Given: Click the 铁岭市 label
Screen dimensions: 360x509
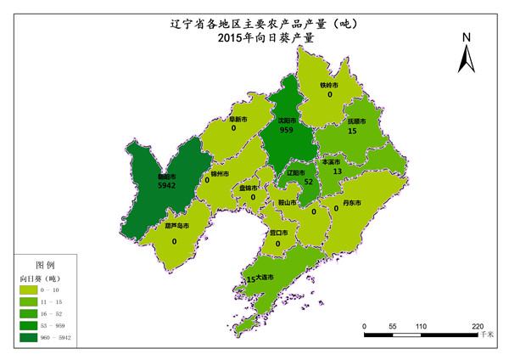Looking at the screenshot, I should tap(329, 86).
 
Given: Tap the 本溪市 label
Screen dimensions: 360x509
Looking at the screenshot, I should tap(331, 161).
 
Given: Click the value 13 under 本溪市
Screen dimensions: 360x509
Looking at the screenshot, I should tap(337, 172).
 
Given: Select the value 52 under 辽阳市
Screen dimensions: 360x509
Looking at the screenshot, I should tap(308, 182).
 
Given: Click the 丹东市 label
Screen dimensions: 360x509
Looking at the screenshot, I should tap(352, 203).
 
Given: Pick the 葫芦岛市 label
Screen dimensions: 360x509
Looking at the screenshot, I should tap(176, 227).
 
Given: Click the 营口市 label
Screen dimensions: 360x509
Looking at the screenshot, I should tap(278, 232).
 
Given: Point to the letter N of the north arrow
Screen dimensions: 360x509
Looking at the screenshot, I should tap(466, 37).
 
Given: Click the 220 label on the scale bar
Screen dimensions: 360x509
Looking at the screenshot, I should tap(477, 326).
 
